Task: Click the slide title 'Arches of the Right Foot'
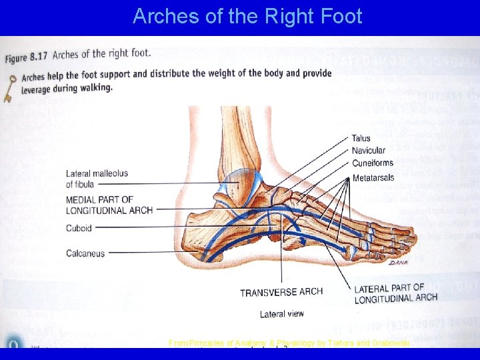247,16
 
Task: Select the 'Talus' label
361,139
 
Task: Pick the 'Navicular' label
368,151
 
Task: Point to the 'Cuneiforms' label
372,163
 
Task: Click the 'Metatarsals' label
373,178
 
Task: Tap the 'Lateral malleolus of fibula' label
97,179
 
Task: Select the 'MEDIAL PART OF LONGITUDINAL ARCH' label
109,205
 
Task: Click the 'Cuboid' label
79,228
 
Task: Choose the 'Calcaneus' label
85,253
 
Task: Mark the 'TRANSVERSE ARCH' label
281,292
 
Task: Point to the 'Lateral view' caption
281,313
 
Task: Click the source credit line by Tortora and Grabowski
288,343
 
